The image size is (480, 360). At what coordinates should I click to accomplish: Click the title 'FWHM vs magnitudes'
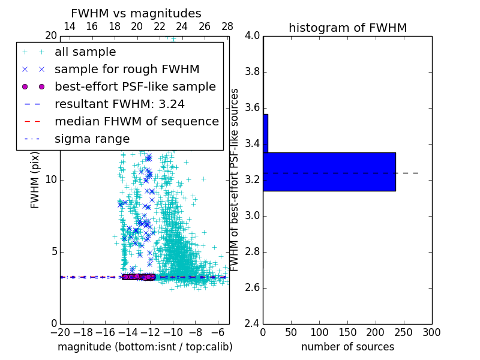pyautogui.click(x=136, y=13)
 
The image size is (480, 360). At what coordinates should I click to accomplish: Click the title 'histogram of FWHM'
pyautogui.click(x=347, y=28)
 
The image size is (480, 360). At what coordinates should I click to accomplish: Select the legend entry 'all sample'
pyautogui.click(x=85, y=52)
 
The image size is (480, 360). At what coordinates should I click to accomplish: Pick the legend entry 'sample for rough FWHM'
pyautogui.click(x=127, y=70)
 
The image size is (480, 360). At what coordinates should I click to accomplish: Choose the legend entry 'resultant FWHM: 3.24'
pyautogui.click(x=119, y=104)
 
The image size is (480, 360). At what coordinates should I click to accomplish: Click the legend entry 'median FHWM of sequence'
pyautogui.click(x=136, y=122)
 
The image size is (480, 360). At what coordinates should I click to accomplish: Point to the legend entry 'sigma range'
pyautogui.click(x=92, y=139)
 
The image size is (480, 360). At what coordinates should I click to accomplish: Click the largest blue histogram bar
pyautogui.click(x=329, y=172)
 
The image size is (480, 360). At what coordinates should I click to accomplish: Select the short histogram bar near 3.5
pyautogui.click(x=265, y=133)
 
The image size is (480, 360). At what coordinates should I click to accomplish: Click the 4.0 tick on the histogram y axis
pyautogui.click(x=252, y=36)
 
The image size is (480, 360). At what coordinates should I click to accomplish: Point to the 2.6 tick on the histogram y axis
pyautogui.click(x=252, y=287)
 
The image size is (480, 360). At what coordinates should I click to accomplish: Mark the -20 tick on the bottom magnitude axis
pyautogui.click(x=60, y=332)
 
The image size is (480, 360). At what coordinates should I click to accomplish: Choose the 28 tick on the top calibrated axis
pyautogui.click(x=227, y=27)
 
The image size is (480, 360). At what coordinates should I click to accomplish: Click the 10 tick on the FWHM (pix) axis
pyautogui.click(x=51, y=179)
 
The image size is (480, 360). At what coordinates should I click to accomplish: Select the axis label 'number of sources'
pyautogui.click(x=347, y=347)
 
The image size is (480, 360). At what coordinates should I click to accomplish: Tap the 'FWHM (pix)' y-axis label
pyautogui.click(x=35, y=182)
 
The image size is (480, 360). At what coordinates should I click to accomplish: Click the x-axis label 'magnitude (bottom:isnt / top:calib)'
pyautogui.click(x=145, y=347)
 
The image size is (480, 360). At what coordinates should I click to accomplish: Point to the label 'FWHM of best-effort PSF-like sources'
pyautogui.click(x=235, y=179)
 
